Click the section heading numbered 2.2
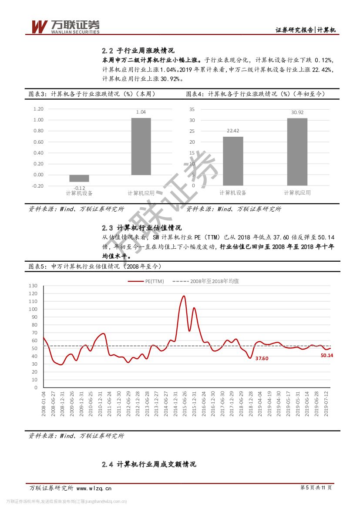click(x=138, y=50)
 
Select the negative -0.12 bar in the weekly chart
click(x=79, y=178)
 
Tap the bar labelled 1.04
click(x=141, y=146)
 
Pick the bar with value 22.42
click(x=233, y=161)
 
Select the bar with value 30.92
click(x=297, y=152)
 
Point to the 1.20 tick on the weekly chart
click(x=38, y=109)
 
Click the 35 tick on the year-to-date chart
click(x=192, y=109)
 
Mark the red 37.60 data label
click(x=262, y=358)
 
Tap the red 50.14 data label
click(x=326, y=355)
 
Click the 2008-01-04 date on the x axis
click(x=44, y=404)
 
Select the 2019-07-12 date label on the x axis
click(x=327, y=404)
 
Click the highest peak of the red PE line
click(x=184, y=296)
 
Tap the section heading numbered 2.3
click(x=141, y=228)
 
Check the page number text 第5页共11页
click(x=316, y=488)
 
